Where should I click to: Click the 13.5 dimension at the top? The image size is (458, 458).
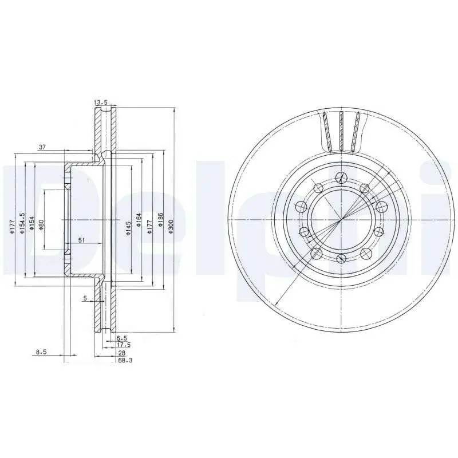pyautogui.click(x=101, y=102)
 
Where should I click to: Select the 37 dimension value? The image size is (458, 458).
pyautogui.click(x=42, y=147)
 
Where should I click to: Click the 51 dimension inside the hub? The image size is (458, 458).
pyautogui.click(x=81, y=240)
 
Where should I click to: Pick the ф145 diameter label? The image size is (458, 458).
pyautogui.click(x=128, y=228)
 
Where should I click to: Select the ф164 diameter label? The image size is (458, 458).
pyautogui.click(x=139, y=220)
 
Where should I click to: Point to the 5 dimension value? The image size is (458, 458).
pyautogui.click(x=85, y=298)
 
